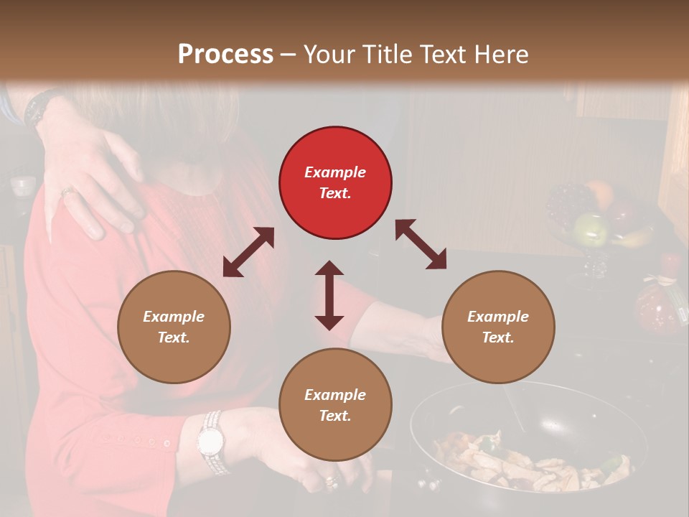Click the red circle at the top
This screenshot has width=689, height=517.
click(335, 182)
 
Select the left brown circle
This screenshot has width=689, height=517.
click(174, 327)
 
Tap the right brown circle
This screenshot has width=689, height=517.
click(497, 327)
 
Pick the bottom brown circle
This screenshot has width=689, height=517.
click(335, 405)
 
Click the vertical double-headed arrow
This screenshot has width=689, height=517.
click(329, 295)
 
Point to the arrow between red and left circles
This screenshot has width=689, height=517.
click(248, 252)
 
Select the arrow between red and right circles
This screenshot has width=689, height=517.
click(421, 244)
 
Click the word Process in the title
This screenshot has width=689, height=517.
click(225, 54)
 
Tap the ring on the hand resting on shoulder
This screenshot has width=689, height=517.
click(66, 192)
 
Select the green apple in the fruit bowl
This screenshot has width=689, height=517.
click(591, 228)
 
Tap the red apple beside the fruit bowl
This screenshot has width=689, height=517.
click(670, 261)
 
